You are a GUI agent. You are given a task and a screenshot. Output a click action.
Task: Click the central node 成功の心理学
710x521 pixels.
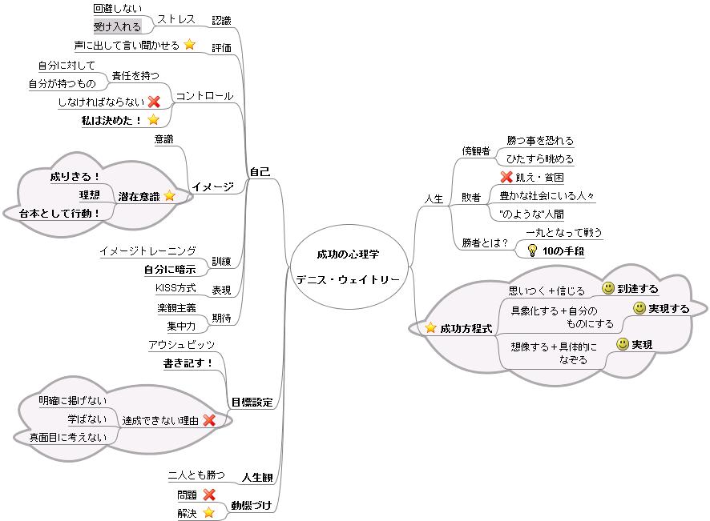click(348, 254)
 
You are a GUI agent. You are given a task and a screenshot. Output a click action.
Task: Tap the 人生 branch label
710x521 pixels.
click(434, 198)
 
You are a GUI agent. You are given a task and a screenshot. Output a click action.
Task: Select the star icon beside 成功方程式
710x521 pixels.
click(431, 327)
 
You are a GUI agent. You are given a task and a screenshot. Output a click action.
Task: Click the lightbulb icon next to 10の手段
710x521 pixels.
click(530, 250)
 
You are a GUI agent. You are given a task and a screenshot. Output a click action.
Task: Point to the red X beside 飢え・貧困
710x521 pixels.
click(506, 177)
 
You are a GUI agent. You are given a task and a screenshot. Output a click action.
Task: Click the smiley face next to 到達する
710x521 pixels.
click(608, 288)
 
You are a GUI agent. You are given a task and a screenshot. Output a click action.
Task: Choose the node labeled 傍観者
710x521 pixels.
click(475, 150)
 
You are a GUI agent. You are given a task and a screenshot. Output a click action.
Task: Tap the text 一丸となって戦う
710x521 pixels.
click(564, 233)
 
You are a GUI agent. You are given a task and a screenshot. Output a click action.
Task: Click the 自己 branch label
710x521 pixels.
click(259, 171)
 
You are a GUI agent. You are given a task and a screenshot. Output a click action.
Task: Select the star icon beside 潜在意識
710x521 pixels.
click(170, 195)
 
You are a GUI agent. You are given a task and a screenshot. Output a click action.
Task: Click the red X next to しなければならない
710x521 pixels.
click(154, 102)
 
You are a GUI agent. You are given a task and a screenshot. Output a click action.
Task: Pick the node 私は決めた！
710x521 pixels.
click(111, 120)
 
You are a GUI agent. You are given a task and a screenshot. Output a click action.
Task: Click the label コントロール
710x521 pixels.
click(204, 96)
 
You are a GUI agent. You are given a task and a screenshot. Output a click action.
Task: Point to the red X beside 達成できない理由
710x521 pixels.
click(209, 419)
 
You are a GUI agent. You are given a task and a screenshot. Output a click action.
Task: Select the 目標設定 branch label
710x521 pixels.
click(252, 402)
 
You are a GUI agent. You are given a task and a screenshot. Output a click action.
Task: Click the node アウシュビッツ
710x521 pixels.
click(181, 345)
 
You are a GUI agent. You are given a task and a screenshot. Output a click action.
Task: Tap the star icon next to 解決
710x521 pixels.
click(208, 513)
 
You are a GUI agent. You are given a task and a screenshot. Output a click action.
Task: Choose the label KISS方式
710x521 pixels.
click(175, 288)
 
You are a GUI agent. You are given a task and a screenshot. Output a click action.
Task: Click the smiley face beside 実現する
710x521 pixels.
click(639, 308)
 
